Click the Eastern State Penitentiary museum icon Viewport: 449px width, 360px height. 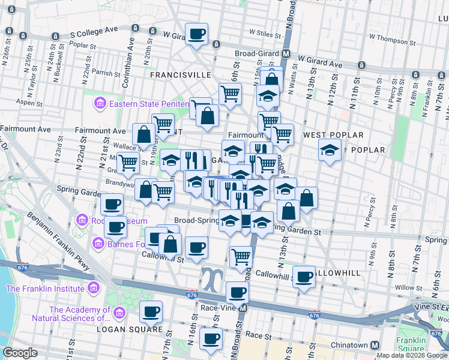pos(99,104)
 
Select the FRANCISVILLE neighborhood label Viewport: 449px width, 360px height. pos(180,75)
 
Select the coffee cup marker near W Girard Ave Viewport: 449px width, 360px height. pos(196,34)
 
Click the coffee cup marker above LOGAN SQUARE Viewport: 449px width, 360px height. pos(151,311)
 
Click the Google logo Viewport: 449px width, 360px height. pos(20,353)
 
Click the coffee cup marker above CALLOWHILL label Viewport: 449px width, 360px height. pos(305,277)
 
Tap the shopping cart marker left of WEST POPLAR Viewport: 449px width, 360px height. pos(282,134)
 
